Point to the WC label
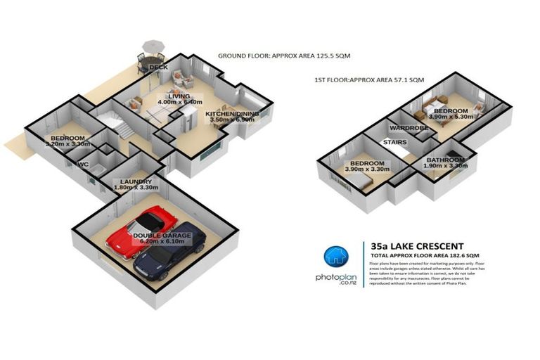point(82,165)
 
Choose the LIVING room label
point(179,96)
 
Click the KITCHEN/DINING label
point(233,113)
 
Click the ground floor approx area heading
point(283,55)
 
